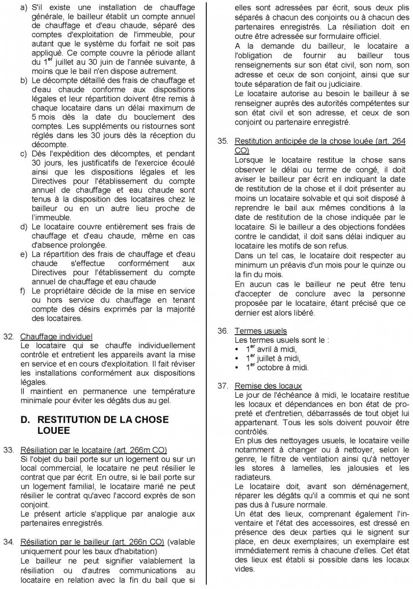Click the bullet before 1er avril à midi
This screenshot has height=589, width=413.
[238, 349]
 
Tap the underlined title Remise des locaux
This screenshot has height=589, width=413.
[268, 385]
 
